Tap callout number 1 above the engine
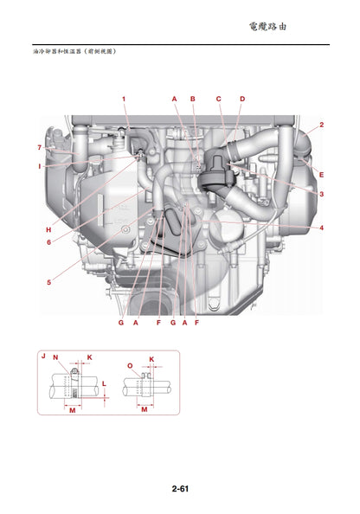coord(124,100)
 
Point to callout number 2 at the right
coord(321,125)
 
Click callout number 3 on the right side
coord(321,195)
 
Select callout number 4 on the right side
coord(321,228)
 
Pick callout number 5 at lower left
coord(48,282)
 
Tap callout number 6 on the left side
coord(48,241)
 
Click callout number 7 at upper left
coord(39,147)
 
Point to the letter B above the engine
coord(193,100)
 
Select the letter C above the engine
coord(219,100)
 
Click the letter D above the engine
coord(241,100)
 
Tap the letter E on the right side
coord(321,175)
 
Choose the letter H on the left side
coord(48,229)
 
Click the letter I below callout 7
coord(39,164)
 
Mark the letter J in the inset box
coord(42,357)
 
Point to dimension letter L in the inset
coord(104,382)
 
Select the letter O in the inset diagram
coord(130,366)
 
